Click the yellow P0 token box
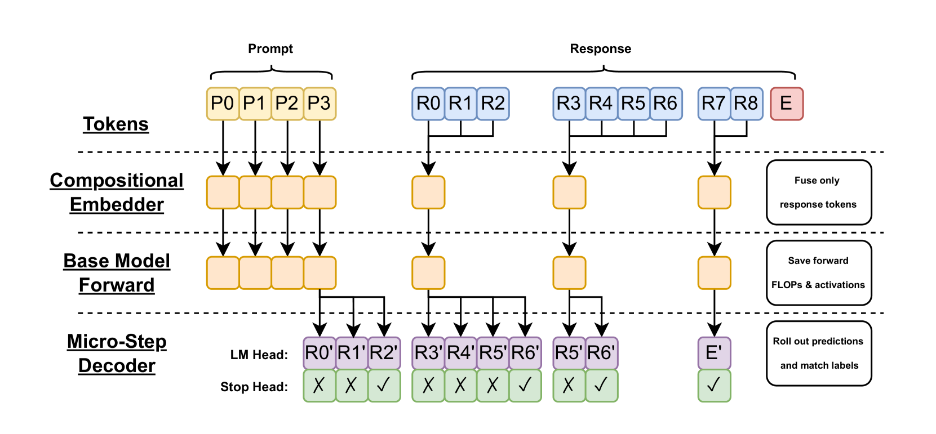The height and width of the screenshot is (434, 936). (x=223, y=104)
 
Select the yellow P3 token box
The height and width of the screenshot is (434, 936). (x=320, y=104)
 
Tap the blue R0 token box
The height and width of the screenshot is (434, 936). (x=428, y=104)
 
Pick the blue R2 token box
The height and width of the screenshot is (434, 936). (x=493, y=104)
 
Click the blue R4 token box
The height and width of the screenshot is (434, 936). (x=601, y=104)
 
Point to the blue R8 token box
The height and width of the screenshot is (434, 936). (x=747, y=104)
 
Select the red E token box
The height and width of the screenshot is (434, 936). (x=787, y=104)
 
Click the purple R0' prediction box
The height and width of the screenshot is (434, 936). (x=319, y=353)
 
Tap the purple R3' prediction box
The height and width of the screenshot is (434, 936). (x=428, y=353)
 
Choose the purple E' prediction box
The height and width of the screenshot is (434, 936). (x=714, y=353)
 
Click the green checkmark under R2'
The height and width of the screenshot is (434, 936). (x=384, y=386)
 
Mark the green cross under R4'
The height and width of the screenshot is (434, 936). (x=460, y=386)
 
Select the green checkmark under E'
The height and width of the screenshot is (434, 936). (x=714, y=386)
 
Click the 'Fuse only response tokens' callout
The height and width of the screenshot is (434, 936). (x=819, y=193)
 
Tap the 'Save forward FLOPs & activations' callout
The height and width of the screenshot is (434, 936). (x=819, y=273)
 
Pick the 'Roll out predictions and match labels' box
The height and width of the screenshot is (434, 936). (x=819, y=354)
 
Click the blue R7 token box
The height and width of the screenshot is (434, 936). (x=714, y=104)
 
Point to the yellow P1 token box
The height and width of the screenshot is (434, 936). (x=255, y=104)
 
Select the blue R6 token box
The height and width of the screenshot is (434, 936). (x=666, y=104)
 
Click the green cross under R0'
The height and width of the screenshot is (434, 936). (x=319, y=386)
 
